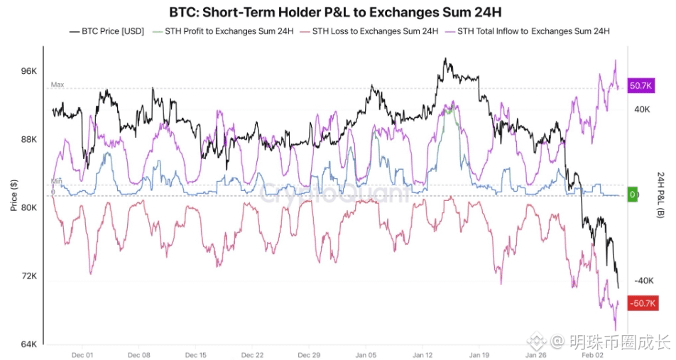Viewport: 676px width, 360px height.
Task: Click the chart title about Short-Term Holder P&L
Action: (x=338, y=12)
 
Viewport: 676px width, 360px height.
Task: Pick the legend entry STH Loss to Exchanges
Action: (x=369, y=31)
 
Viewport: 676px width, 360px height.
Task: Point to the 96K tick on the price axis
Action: (x=28, y=72)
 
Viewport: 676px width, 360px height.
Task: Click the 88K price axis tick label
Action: (x=28, y=140)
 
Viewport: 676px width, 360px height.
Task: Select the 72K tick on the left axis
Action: (x=28, y=276)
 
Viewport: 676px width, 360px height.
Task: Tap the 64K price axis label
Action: (x=28, y=344)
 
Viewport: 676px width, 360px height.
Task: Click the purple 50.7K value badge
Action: (x=641, y=85)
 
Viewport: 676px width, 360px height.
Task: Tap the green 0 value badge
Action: (x=633, y=195)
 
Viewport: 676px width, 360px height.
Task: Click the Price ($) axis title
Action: (x=13, y=195)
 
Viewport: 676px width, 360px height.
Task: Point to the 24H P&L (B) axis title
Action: (x=663, y=195)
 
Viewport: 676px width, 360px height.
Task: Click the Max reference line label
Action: (x=57, y=84)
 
